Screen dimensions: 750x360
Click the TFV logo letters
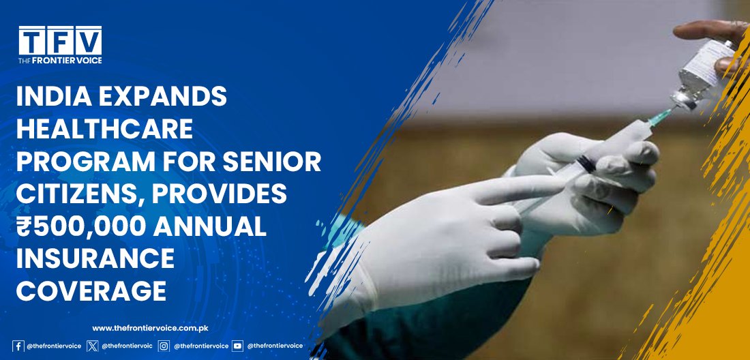60,41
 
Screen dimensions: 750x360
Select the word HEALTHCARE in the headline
104,129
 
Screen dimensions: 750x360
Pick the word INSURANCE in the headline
95,259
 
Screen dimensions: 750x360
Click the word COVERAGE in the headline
91,291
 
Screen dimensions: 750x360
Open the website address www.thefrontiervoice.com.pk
150,329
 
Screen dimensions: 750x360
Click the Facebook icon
18,346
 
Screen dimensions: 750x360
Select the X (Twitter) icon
92,346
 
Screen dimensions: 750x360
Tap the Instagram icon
164,346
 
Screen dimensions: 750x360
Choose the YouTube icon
237,346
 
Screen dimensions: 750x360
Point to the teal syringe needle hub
659,117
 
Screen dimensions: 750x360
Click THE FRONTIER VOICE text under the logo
60,61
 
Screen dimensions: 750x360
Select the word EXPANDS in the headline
163,97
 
